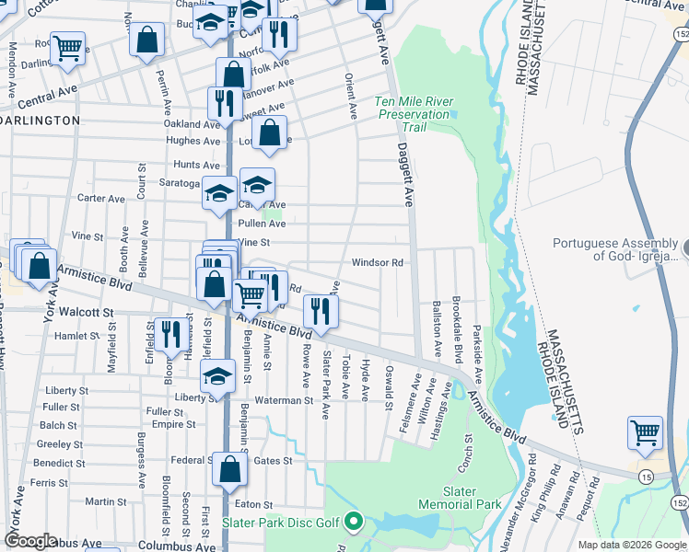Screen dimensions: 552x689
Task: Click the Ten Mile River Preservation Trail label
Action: [413, 114]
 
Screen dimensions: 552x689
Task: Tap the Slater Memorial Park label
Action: [460, 498]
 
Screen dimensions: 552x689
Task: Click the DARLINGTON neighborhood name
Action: [41, 121]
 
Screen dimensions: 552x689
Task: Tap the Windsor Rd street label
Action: [378, 263]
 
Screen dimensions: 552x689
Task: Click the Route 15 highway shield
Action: [648, 474]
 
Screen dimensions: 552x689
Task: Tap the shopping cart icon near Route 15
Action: [645, 431]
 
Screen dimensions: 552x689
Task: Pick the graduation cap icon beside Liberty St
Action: [217, 376]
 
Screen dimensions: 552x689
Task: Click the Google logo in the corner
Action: [30, 541]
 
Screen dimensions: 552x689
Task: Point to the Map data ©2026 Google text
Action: [631, 545]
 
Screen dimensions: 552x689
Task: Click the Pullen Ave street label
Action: [263, 224]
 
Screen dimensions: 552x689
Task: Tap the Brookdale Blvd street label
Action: [456, 328]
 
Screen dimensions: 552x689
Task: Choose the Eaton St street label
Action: [254, 505]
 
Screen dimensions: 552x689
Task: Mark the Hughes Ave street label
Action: [193, 141]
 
